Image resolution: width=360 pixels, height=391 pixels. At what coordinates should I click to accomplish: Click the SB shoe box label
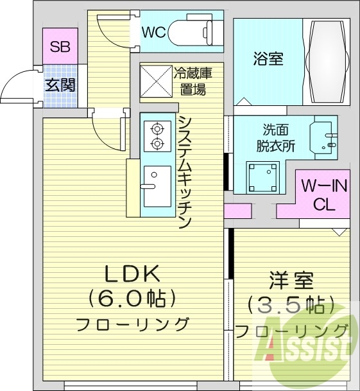pos(60,46)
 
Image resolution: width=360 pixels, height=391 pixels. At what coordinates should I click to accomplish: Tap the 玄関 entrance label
pos(60,84)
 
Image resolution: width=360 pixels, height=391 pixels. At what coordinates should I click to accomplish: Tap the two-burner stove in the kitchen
pos(156,135)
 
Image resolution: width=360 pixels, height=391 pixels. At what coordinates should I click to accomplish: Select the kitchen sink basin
pos(157,186)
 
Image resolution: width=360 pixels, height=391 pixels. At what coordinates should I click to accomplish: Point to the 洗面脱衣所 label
pos(279,137)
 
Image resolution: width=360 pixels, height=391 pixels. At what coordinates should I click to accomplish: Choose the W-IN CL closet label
pos(324,196)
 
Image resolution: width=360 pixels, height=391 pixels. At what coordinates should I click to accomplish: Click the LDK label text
pos(132,274)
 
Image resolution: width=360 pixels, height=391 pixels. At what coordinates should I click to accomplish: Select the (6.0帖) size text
pos(133,299)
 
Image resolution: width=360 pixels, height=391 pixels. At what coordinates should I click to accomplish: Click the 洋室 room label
pos(291,281)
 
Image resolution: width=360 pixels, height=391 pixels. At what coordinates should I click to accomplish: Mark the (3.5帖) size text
pos(291,304)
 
